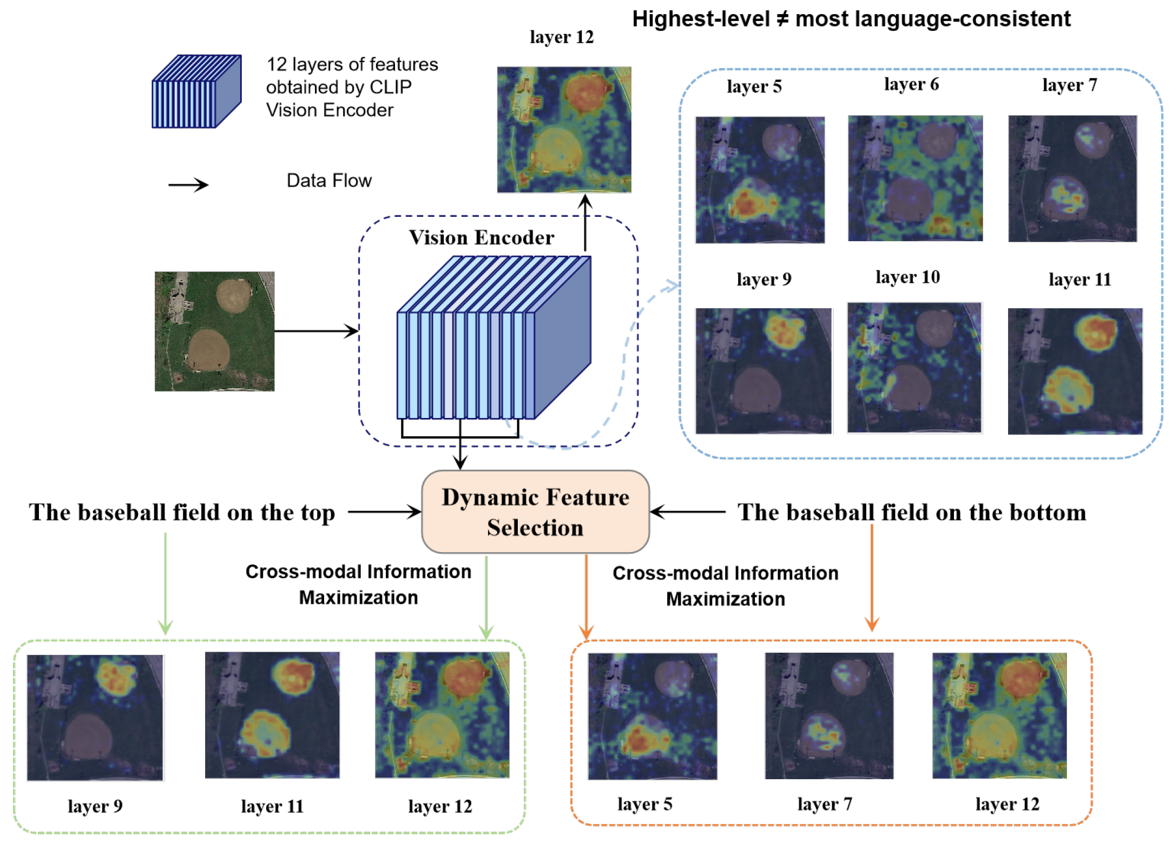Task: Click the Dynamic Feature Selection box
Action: pos(535,512)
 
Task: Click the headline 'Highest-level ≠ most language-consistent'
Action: pos(851,19)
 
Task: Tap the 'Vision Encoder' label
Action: pos(481,237)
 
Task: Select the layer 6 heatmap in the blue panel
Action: pos(915,178)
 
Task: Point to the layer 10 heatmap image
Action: pos(914,368)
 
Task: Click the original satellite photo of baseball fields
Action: pos(214,331)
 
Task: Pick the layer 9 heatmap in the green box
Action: pos(95,718)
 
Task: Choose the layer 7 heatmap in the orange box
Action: pos(829,715)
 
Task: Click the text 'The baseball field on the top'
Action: pos(182,513)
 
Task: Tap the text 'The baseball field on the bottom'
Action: pos(912,513)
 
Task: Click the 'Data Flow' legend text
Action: pos(329,181)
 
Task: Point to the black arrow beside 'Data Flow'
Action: pos(188,185)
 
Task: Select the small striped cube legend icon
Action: pos(196,91)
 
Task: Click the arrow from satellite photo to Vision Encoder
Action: pos(316,331)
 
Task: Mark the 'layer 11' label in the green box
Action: pos(272,806)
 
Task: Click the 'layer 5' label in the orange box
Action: pos(644,804)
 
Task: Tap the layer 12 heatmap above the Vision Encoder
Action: pos(564,129)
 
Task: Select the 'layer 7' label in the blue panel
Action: pos(1069,85)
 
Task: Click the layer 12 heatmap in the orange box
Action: pos(999,715)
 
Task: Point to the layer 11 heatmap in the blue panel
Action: pos(1075,371)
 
